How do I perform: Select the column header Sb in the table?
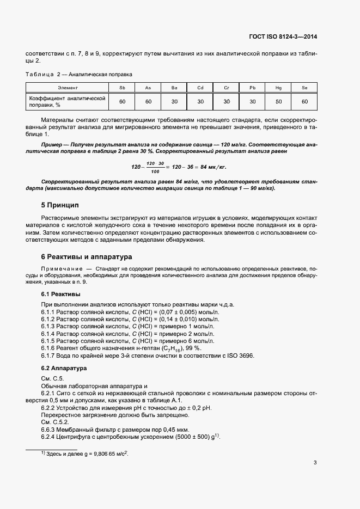(x=122, y=88)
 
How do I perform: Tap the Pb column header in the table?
(x=252, y=88)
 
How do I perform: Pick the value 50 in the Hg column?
(x=278, y=101)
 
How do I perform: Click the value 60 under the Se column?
(x=304, y=101)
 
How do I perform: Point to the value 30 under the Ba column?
(x=174, y=101)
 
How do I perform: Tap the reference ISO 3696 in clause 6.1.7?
(x=242, y=355)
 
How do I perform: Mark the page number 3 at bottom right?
(x=315, y=463)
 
